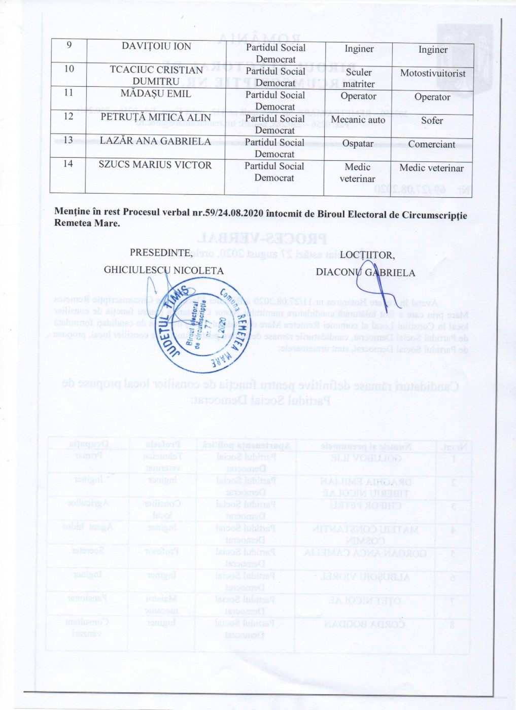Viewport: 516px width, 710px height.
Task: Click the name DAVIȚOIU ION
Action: point(156,46)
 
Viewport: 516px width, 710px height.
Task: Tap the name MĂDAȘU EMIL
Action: point(156,94)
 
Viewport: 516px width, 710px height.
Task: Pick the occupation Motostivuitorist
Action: point(432,73)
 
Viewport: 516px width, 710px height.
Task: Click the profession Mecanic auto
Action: point(358,120)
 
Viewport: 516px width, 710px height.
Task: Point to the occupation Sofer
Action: point(432,120)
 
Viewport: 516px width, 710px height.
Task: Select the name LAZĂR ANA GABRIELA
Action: point(155,141)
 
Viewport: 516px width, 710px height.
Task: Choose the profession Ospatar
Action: point(358,144)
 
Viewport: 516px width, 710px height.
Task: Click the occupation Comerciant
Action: point(432,144)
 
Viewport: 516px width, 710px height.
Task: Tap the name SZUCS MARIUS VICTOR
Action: point(155,165)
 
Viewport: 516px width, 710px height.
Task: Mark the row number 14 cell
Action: point(68,163)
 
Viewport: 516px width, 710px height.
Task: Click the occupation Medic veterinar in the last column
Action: point(431,168)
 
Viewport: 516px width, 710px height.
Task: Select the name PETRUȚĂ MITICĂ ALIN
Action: point(155,118)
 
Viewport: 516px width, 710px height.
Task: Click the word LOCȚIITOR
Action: point(367,255)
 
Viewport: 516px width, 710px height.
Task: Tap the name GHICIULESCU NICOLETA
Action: point(163,270)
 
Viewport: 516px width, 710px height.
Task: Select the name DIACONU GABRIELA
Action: point(365,272)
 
